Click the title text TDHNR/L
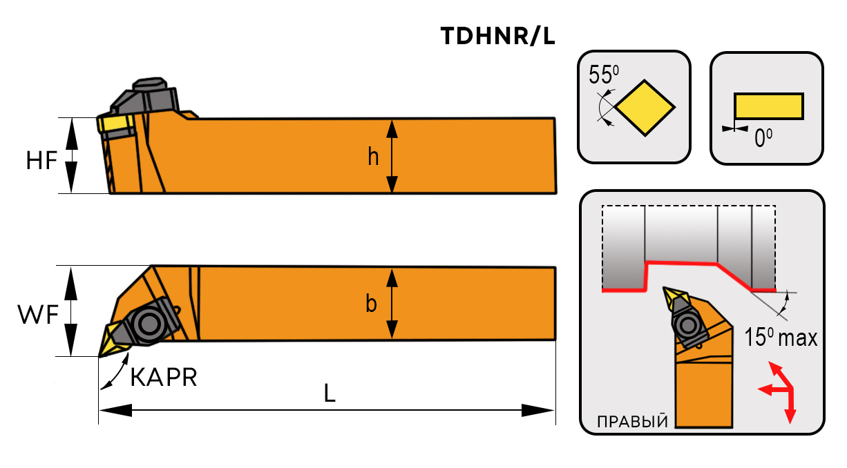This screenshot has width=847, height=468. pos(497,37)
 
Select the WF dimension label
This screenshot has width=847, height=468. pos(39,315)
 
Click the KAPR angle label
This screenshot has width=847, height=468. pos(164,377)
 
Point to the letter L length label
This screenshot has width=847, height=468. pos(330,393)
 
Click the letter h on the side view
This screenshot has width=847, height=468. pos(373,157)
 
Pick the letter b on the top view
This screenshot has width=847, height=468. pos(372,304)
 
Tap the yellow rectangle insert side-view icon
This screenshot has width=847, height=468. pos(768,106)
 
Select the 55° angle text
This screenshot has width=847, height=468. pos(602,74)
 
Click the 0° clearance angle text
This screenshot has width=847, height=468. pos(763,139)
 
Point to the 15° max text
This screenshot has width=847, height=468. pos(781,338)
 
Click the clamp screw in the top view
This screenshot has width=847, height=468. pos(146,322)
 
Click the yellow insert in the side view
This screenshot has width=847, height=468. pos(113,124)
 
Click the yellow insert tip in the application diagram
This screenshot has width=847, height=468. pos(674,299)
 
